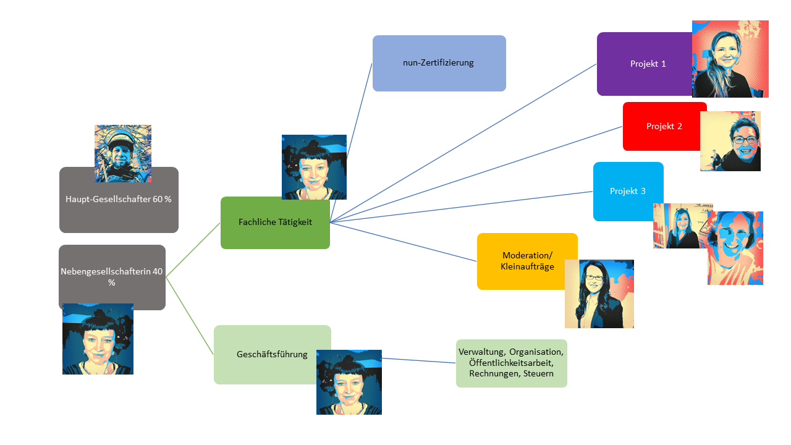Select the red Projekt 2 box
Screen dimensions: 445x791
661,126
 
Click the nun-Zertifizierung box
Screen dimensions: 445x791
439,63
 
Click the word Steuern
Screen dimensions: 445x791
538,374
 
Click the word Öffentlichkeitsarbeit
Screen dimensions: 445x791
511,363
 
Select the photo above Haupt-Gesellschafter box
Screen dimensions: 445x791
123,153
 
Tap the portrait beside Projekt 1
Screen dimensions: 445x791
730,59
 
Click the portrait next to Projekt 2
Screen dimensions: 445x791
730,142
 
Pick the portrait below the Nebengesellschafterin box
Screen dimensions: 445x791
98,339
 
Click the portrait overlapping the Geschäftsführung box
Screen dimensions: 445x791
349,382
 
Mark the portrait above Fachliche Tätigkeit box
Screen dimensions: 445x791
314,167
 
